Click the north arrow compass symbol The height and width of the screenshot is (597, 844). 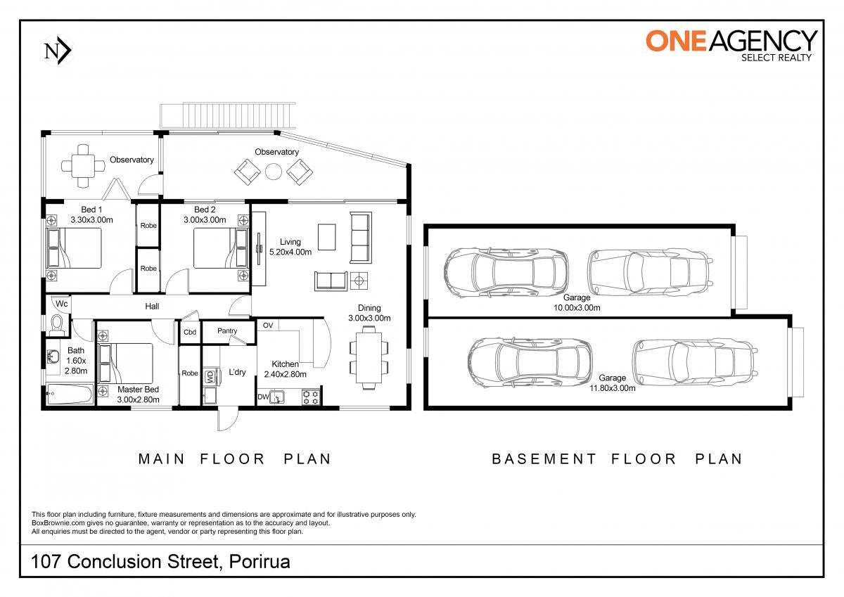click(x=58, y=51)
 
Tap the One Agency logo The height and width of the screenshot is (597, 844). click(x=731, y=46)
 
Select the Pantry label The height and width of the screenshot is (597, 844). click(x=227, y=330)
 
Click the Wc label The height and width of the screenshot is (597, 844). click(x=62, y=304)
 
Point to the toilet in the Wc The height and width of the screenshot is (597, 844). click(x=57, y=326)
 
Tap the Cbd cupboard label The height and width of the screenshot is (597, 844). click(x=190, y=332)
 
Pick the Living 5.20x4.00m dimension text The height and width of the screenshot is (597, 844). click(x=290, y=252)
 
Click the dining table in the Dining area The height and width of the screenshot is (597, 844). click(x=369, y=357)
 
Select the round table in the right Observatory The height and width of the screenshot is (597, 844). click(x=274, y=172)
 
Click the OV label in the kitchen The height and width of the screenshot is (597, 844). click(x=268, y=326)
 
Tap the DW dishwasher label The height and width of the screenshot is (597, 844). click(x=263, y=397)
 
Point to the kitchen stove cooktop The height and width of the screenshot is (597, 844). click(x=311, y=397)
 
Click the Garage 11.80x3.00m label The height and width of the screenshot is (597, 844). click(x=613, y=383)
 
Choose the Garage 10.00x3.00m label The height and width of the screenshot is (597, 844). click(x=577, y=302)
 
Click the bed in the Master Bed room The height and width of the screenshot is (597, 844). click(x=125, y=364)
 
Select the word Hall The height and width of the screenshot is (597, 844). click(x=152, y=307)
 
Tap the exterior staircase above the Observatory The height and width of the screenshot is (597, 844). click(x=228, y=115)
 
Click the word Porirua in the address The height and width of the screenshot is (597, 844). click(x=260, y=562)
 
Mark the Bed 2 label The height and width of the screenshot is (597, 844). click(x=205, y=210)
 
